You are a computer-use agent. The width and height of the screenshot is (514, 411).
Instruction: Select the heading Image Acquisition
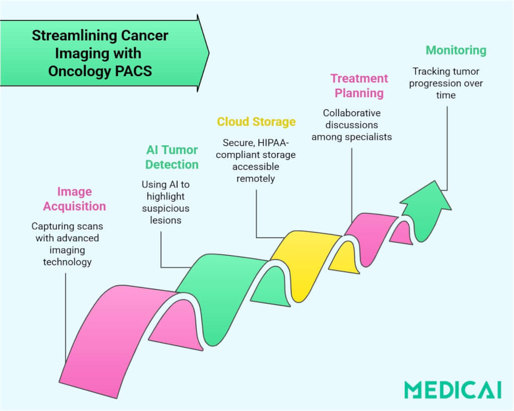[x=74, y=199]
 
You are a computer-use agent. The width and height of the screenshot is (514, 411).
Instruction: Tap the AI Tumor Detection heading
[x=172, y=157]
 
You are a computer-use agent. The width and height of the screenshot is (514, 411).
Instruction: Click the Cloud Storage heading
[x=256, y=122]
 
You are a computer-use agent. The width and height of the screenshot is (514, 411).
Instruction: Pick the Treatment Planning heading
[x=359, y=86]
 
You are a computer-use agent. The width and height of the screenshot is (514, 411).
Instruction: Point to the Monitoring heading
[x=456, y=50]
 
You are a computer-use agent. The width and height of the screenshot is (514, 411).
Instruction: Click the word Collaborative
[x=351, y=113]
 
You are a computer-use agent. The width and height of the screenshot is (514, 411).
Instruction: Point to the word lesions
[x=166, y=220]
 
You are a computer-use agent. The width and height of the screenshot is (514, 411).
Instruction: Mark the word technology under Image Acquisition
[x=67, y=262]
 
